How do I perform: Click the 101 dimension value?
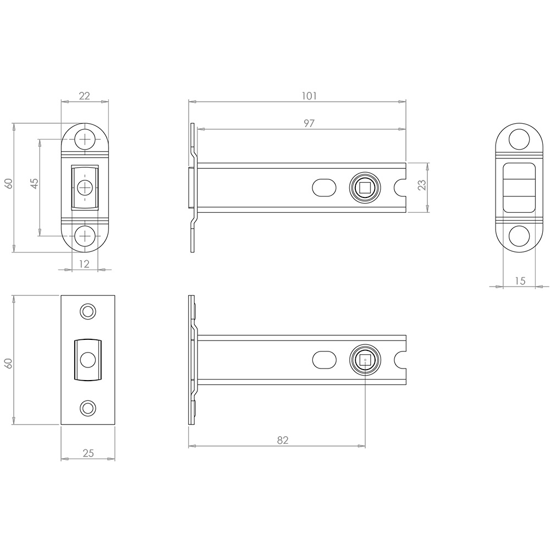click(309, 96)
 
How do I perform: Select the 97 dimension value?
click(309, 123)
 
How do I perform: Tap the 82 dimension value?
click(282, 440)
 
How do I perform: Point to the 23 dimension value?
click(422, 185)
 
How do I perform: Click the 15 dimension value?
click(520, 281)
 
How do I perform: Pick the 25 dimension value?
click(88, 454)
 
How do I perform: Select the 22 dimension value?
click(85, 96)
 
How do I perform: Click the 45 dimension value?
click(34, 184)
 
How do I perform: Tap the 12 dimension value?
click(84, 264)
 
